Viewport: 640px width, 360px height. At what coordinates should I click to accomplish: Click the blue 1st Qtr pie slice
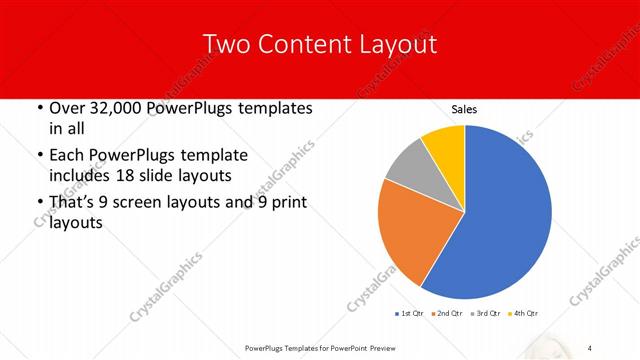pyautogui.click(x=505, y=215)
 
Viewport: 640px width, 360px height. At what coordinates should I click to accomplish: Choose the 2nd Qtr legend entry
pyautogui.click(x=447, y=314)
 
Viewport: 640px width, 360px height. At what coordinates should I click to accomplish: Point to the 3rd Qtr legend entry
pyautogui.click(x=486, y=314)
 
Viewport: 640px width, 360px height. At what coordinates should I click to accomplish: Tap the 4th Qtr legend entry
pyautogui.click(x=525, y=314)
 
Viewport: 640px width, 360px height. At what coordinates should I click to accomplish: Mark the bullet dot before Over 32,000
pyautogui.click(x=39, y=108)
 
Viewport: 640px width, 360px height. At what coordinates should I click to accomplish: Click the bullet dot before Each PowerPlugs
pyautogui.click(x=39, y=156)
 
